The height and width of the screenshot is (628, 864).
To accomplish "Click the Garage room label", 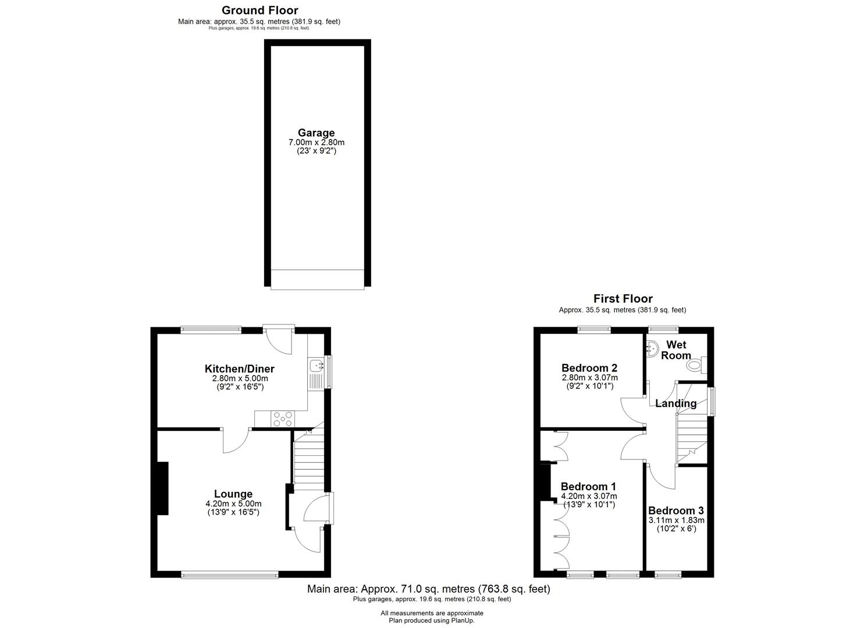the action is pos(316,133).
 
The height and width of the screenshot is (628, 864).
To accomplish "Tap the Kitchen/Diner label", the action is pos(240,369).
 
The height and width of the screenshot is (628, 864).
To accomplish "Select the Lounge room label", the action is pos(233,494).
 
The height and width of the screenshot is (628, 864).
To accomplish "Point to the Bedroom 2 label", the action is pos(589,368).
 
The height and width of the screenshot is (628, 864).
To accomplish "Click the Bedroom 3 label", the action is pos(675,511).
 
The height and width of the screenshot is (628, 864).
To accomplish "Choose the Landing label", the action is pos(675,404).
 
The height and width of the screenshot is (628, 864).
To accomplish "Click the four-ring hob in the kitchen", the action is pos(283,419).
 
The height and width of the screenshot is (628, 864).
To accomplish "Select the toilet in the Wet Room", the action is pos(696,365).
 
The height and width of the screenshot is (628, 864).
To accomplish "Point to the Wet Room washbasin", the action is pos(652,348).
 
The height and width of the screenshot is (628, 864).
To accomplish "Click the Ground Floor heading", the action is pos(260,10).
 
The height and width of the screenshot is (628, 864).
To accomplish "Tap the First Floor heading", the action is pos(623,299).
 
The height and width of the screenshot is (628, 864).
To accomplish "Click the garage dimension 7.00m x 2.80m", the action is pos(317,142).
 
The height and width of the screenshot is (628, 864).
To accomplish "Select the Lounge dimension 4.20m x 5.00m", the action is pos(233,504).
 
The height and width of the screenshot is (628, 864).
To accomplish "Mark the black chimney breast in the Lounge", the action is pos(162,488).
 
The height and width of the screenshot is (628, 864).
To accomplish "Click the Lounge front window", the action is pos(230,575).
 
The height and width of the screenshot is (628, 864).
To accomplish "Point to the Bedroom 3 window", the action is pos(668,575).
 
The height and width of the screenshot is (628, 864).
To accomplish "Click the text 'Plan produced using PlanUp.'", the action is pos(432,620).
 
